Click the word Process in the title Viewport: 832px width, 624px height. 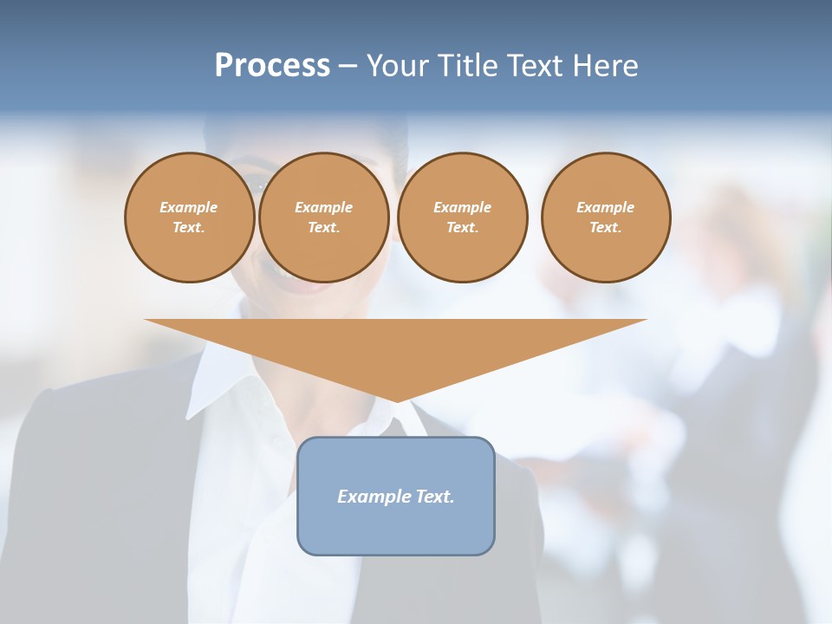point(272,66)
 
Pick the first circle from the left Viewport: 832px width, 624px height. point(190,218)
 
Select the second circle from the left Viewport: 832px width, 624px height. point(324,218)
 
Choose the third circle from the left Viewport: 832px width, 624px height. point(463,218)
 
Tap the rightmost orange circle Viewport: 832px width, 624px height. point(606,218)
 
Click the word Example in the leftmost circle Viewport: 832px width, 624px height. point(189,207)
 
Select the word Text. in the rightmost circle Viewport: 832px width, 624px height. point(606,227)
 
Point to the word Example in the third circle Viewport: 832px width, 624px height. point(463,207)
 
